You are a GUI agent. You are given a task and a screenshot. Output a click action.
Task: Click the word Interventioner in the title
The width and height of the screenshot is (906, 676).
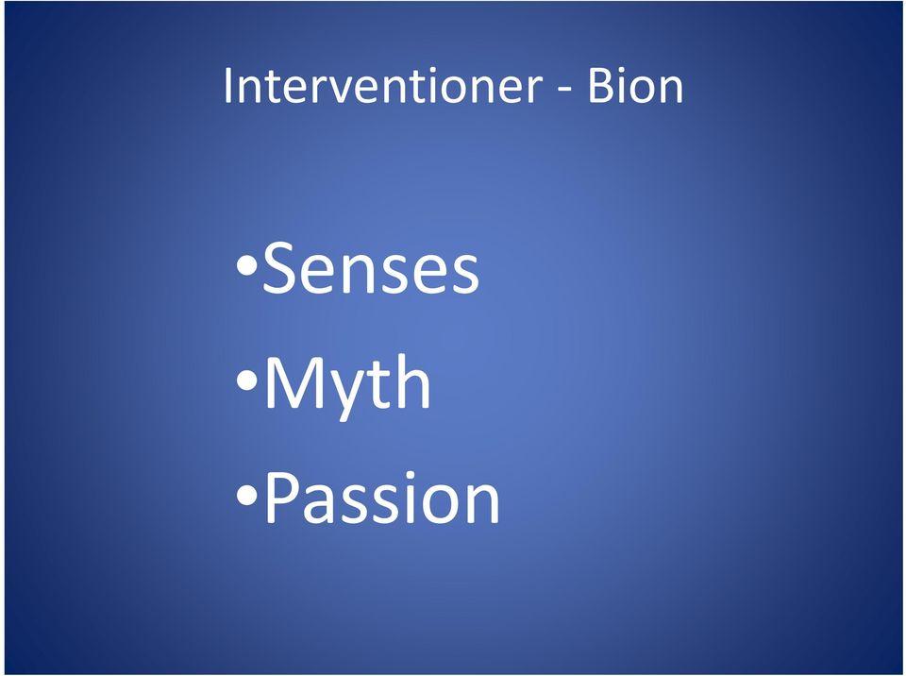pyautogui.click(x=382, y=86)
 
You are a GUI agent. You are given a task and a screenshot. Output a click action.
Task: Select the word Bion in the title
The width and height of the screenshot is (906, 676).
pyautogui.click(x=635, y=86)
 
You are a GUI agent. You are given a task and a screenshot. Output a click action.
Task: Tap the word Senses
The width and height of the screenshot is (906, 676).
pyautogui.click(x=370, y=268)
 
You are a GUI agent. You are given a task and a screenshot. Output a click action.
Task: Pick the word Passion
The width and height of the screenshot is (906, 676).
pyautogui.click(x=382, y=498)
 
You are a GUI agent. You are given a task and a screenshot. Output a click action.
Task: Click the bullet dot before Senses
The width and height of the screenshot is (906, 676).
pyautogui.click(x=246, y=267)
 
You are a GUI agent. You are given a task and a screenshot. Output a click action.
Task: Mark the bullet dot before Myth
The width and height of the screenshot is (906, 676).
pyautogui.click(x=246, y=380)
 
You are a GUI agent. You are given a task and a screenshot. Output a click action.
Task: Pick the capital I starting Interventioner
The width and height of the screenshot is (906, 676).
pyautogui.click(x=227, y=86)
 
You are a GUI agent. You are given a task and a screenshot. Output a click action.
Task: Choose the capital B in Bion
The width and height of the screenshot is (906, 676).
pyautogui.click(x=599, y=86)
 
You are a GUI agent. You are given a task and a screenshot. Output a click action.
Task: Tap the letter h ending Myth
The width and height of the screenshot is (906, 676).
pyautogui.click(x=413, y=381)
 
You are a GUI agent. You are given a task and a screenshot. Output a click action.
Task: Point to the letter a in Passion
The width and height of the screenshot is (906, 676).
pyautogui.click(x=323, y=505)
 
